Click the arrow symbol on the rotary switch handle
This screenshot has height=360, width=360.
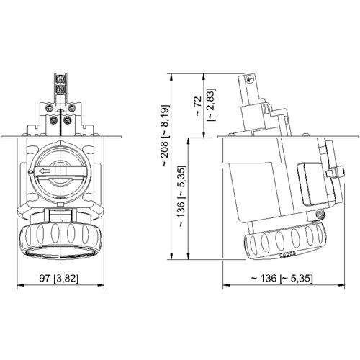pyautogui.click(x=45, y=171)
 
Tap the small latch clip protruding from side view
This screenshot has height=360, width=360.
pyautogui.click(x=333, y=173)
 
